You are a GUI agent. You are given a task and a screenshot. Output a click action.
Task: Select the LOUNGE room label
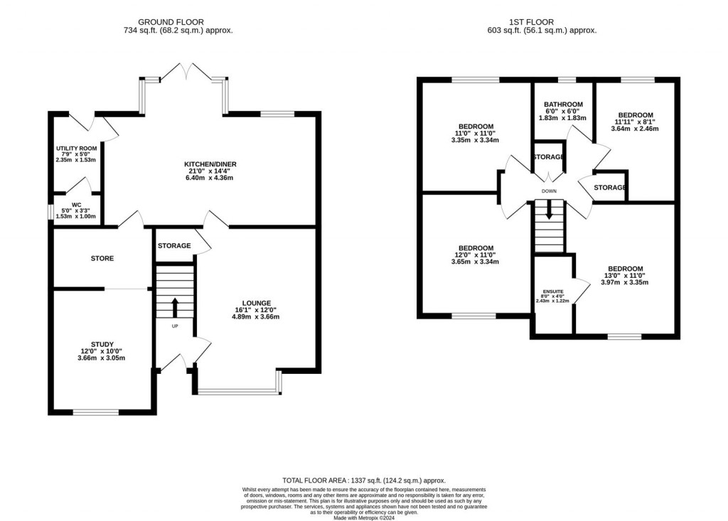tap(255, 303)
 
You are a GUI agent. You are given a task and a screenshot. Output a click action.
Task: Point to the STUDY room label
tap(102, 344)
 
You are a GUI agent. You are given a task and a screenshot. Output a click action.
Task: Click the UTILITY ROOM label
tap(75, 148)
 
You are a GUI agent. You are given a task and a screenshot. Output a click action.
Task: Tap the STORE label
tap(102, 258)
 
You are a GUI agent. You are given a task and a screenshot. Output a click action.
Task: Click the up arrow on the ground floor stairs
tap(175, 308)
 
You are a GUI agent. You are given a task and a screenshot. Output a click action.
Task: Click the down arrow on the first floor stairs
tap(548, 209)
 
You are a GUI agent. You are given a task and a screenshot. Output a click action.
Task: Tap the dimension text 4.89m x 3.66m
tap(255, 316)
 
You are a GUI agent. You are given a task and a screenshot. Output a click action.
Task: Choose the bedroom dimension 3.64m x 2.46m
tap(635, 129)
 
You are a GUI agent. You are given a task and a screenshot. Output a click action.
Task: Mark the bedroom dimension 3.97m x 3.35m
tap(625, 282)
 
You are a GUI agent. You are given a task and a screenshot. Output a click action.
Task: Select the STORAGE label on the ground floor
tap(174, 246)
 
